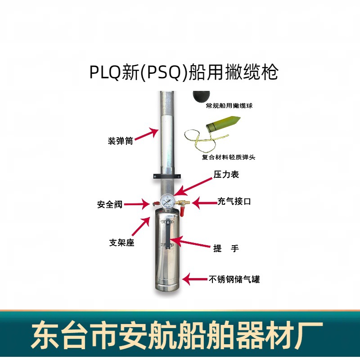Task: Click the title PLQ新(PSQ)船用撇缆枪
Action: pos(184,72)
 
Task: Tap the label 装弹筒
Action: pos(120,141)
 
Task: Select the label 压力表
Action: pos(226,175)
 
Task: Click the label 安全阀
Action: pos(110,204)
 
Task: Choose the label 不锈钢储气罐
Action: pos(234,279)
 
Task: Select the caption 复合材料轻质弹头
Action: pos(229,157)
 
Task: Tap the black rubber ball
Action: pos(201,96)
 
